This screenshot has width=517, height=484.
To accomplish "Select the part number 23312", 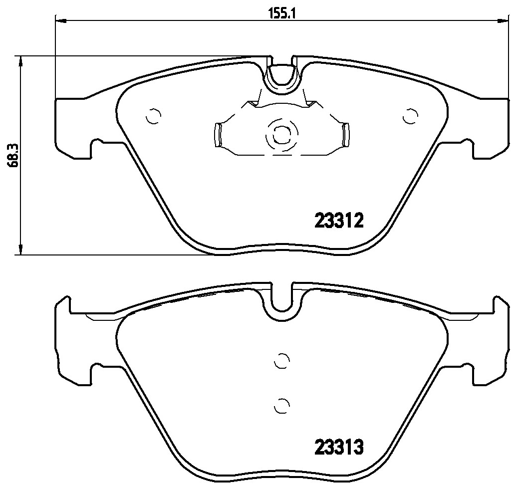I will [x=338, y=220].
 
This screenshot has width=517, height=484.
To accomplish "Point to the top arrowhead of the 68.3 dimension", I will [x=20, y=61].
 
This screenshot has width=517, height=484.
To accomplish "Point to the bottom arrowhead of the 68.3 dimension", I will [x=20, y=249].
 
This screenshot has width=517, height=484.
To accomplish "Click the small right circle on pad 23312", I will [x=410, y=116].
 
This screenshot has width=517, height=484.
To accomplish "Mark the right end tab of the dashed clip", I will [x=345, y=135].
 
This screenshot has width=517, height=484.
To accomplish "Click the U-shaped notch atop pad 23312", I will [x=282, y=77].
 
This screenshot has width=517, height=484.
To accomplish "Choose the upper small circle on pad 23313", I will [x=282, y=360].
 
